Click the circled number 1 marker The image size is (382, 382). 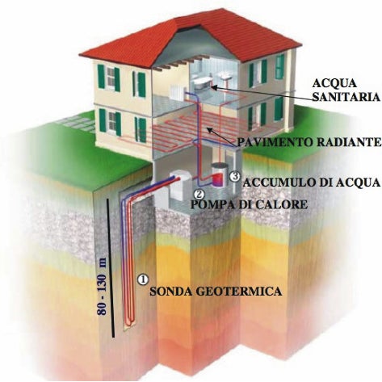point(143,279)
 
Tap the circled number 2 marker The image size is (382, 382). point(199,194)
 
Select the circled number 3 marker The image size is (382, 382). point(235,176)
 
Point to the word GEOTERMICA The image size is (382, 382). point(237,292)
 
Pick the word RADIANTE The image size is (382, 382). point(349,142)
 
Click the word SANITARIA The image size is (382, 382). point(346,97)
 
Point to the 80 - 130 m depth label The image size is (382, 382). point(103,287)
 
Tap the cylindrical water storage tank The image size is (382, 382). point(219,175)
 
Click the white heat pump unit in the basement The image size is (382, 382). point(179,187)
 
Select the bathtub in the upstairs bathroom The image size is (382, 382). point(202,82)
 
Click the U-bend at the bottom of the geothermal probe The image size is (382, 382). point(130,322)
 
